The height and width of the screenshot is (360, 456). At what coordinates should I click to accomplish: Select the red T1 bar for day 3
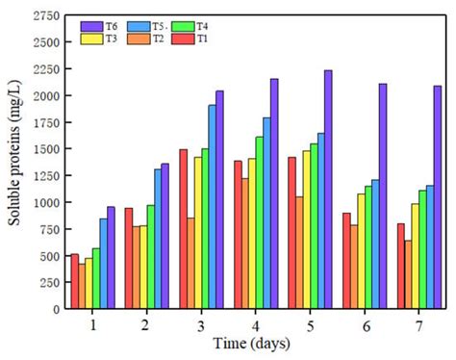(182, 230)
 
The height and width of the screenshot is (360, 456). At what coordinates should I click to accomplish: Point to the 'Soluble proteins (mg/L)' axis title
(15, 164)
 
